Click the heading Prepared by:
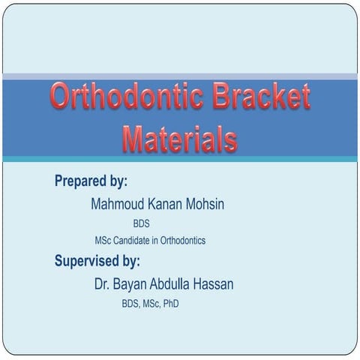91,181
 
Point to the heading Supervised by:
97,261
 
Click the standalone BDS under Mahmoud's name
142,223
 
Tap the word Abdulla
182,284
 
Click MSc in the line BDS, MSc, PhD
149,304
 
